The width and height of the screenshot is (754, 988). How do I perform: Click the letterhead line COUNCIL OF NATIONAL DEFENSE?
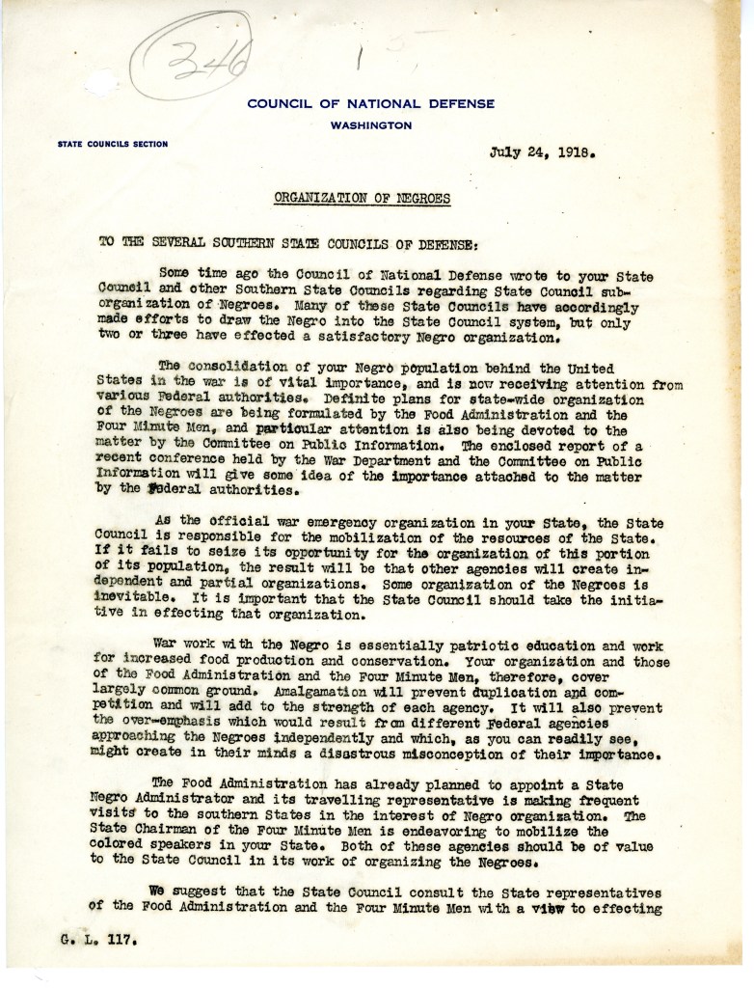point(370,104)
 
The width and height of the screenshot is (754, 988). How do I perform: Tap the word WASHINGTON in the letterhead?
point(370,125)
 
